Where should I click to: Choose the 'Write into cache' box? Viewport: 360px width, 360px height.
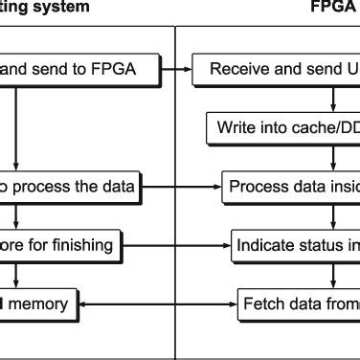(283, 126)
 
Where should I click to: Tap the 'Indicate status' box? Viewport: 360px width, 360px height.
(297, 244)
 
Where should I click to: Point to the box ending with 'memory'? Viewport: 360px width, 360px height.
(38, 304)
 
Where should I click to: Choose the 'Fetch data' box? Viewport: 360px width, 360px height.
(298, 304)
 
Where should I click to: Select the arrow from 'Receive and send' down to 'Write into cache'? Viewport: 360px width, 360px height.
(332, 96)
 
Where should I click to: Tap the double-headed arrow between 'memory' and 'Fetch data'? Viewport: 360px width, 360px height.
(157, 304)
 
